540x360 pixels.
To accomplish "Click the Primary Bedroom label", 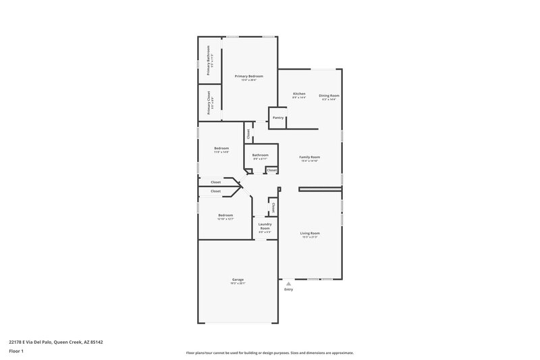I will coord(249,76).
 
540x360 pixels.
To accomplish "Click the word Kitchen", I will coord(299,93).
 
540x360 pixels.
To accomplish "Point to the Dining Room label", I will coord(329,95).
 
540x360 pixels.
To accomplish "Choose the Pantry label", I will coord(278,118).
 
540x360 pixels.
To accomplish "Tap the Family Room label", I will coord(310,157).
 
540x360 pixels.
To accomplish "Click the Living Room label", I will coord(310,233).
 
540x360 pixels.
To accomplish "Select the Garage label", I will coord(238,279).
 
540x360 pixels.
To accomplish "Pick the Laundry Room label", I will coord(265,226).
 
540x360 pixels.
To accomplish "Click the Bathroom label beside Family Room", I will coord(260,155).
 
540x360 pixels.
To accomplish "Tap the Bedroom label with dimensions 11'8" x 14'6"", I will coord(221,148).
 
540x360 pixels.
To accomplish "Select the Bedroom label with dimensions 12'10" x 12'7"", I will coord(225,215).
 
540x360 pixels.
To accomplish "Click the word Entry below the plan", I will coord(289,290).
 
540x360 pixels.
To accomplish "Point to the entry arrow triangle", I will coord(289,284).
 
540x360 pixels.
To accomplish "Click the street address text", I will coord(55,342).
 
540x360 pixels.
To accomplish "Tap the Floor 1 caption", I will coord(16,351).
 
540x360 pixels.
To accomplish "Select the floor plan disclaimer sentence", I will coord(269,353).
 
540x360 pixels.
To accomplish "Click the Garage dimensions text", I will coord(238,283).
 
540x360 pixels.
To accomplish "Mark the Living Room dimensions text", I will coord(310,237).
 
